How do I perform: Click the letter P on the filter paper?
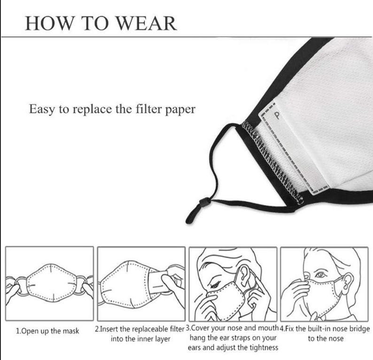tap(277, 115)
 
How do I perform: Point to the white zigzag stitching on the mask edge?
tap(272, 161)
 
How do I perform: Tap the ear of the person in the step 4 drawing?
tap(348, 283)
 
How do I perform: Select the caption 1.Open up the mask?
tap(47, 331)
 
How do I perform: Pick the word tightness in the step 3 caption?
tap(264, 348)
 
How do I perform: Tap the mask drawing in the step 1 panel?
tap(52, 282)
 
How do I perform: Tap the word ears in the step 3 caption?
tap(194, 348)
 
